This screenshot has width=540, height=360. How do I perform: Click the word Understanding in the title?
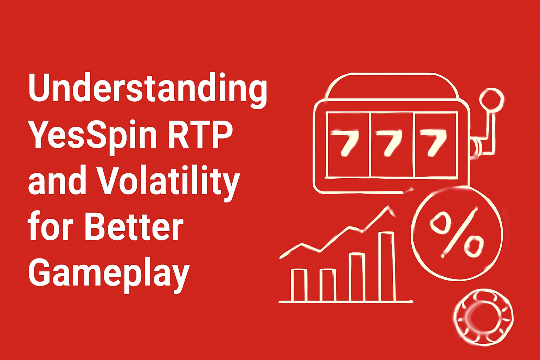coord(148,89)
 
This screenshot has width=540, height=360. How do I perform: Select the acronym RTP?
coord(200,134)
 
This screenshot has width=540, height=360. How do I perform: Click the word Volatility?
coord(168,182)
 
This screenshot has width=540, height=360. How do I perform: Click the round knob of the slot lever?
coord(491,100)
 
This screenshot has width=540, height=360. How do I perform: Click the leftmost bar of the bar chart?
coord(299,285)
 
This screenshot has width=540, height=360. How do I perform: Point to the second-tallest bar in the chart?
coord(357,277)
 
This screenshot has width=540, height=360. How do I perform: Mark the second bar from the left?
coord(328,285)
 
